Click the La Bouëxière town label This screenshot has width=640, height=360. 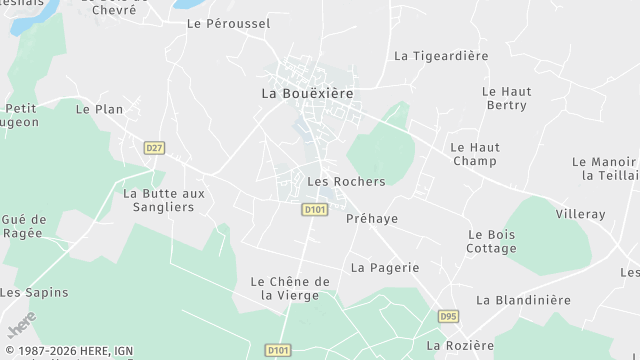tap(307, 92)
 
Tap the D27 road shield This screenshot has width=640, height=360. tap(153, 147)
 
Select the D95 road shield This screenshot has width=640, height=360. tap(448, 316)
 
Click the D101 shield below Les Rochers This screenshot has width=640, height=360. tap(314, 209)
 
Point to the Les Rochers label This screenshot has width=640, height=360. tap(346, 181)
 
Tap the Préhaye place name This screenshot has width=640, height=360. tap(372, 218)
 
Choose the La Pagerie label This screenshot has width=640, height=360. tap(385, 267)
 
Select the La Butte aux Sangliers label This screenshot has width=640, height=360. tap(164, 200)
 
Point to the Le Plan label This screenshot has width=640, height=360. tap(98, 109)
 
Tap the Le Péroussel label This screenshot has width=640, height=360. tap(228, 22)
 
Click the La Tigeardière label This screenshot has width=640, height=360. tap(441, 56)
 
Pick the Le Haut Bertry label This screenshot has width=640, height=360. tap(508, 98)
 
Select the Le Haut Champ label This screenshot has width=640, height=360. tap(475, 154)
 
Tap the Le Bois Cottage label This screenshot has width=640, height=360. tap(492, 241)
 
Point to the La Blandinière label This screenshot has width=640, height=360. tap(523, 299)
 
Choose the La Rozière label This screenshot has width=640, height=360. tap(460, 345)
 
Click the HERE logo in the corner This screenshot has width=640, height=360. tap(21, 325)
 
